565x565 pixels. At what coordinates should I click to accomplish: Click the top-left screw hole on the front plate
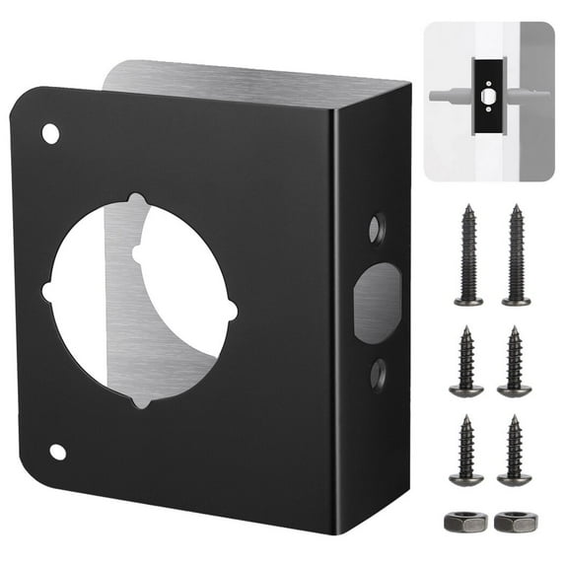click(50, 132)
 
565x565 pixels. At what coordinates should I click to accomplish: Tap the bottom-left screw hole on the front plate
click(57, 452)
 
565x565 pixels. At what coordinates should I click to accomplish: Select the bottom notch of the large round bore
click(143, 399)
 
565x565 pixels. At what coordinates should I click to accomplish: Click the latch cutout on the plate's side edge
click(377, 303)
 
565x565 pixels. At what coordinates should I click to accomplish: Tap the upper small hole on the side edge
click(377, 230)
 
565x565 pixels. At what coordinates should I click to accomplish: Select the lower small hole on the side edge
click(378, 373)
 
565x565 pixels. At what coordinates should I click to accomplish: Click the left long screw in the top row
click(468, 254)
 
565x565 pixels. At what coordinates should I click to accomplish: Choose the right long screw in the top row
click(516, 254)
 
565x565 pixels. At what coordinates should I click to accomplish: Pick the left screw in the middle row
click(467, 361)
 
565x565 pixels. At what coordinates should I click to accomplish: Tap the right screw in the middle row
click(515, 361)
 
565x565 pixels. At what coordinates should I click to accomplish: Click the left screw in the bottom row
click(467, 450)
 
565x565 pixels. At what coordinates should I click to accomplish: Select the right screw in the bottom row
click(515, 450)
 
